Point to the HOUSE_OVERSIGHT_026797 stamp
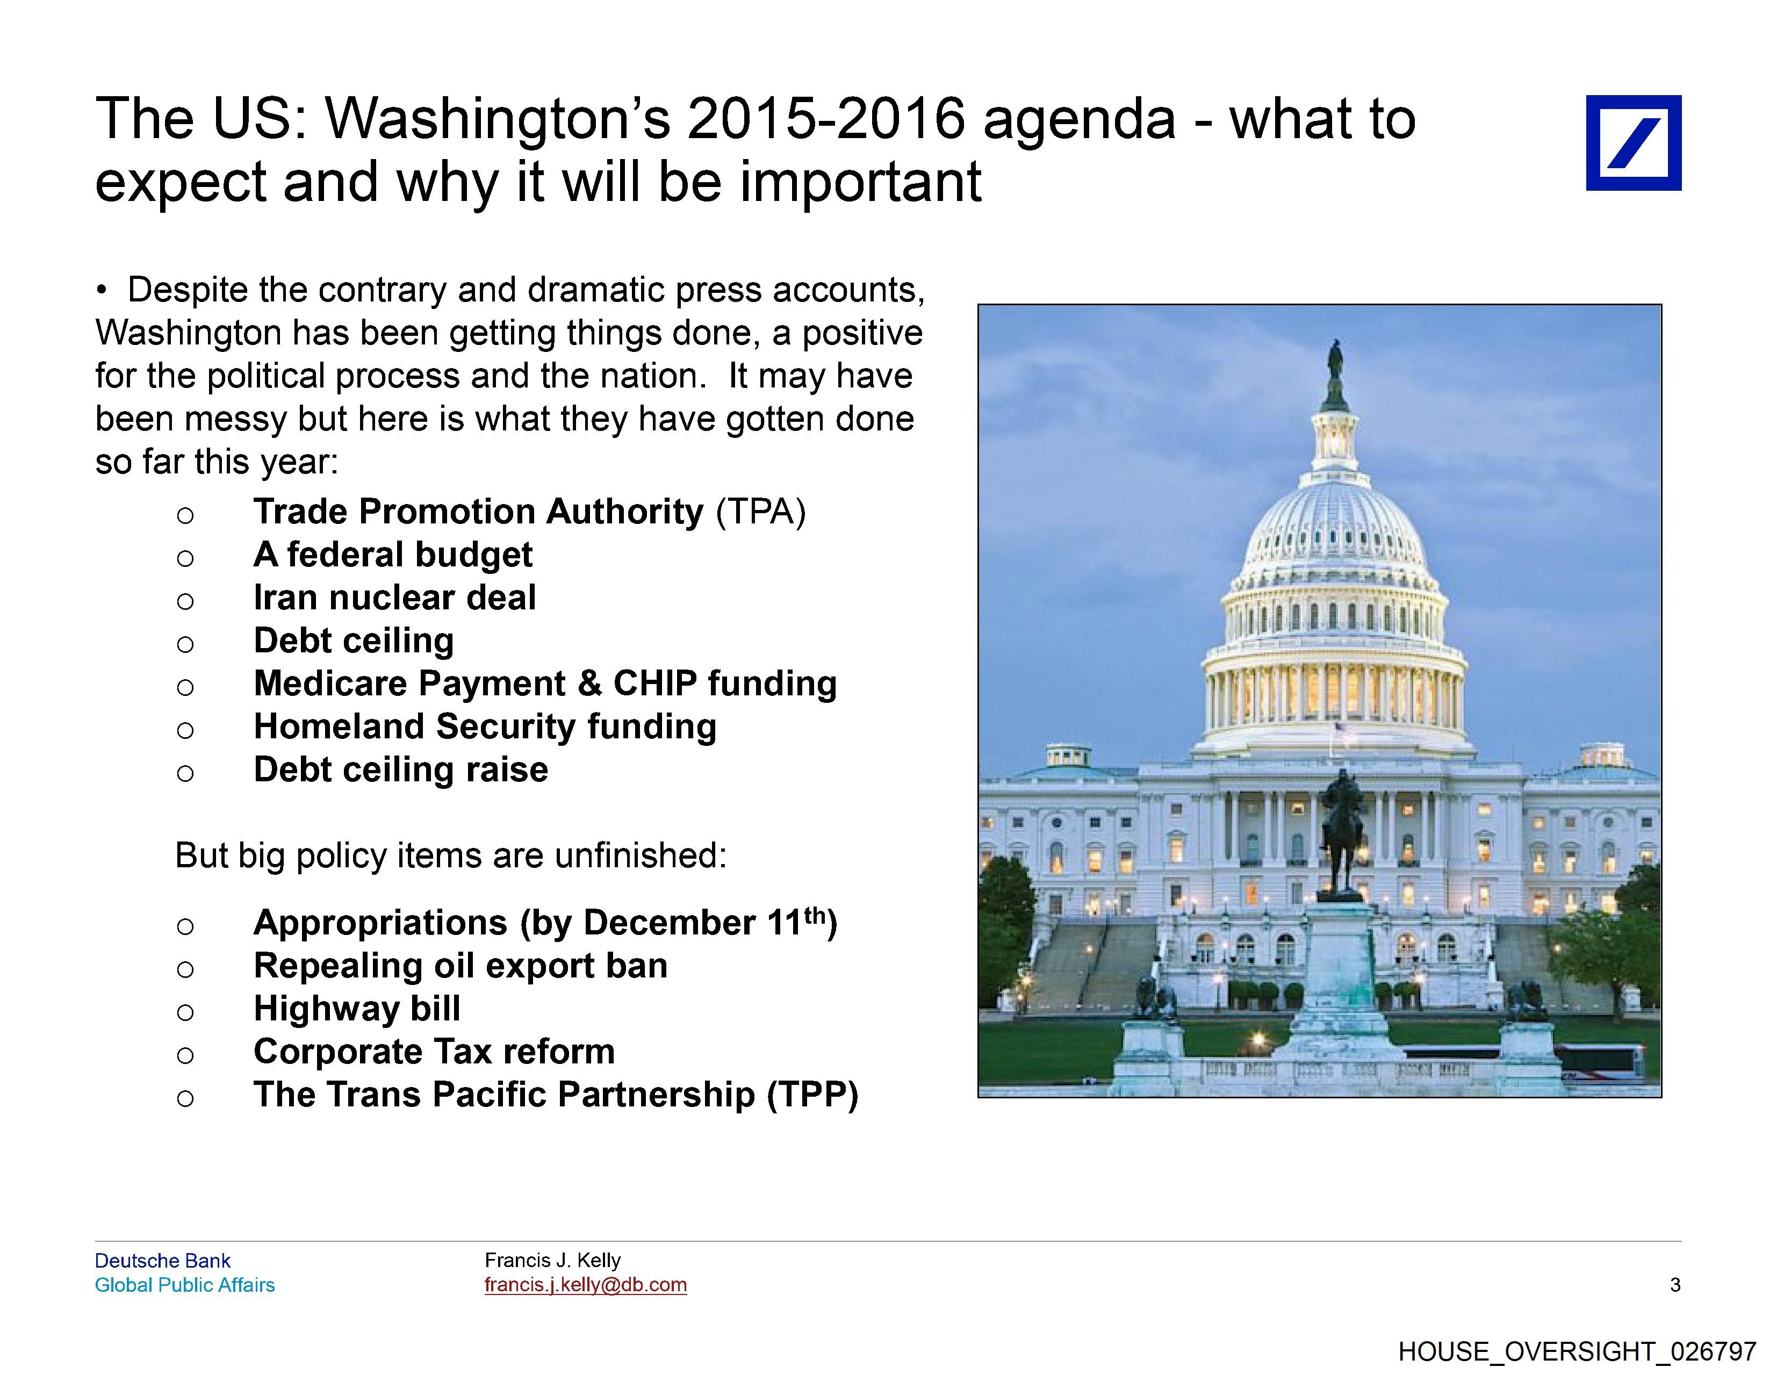pyautogui.click(x=1577, y=1351)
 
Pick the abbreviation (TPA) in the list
pyautogui.click(x=761, y=512)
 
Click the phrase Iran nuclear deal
pyautogui.click(x=394, y=598)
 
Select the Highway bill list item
pyautogui.click(x=357, y=1009)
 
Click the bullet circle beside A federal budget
pyautogui.click(x=185, y=558)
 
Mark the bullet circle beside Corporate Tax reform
pyautogui.click(x=185, y=1055)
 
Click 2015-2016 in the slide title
pyautogui.click(x=826, y=119)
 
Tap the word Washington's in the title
pyautogui.click(x=498, y=119)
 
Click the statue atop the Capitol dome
pyautogui.click(x=1334, y=375)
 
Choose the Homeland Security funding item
pyautogui.click(x=485, y=726)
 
